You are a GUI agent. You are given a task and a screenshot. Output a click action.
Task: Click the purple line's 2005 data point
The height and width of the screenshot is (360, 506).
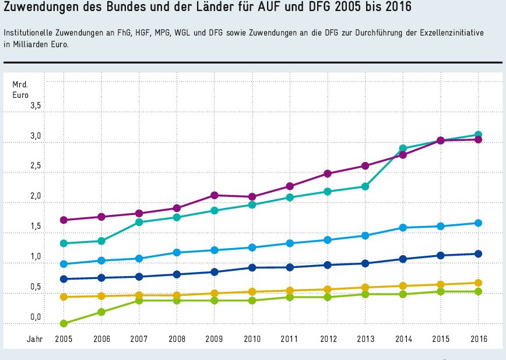coord(64,220)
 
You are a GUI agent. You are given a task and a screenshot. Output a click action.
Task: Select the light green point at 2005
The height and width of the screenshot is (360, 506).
coord(64,323)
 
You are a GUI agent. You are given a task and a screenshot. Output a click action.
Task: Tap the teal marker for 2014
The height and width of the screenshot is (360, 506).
coord(403,149)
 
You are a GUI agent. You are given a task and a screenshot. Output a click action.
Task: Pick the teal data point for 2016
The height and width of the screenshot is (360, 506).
coord(478,135)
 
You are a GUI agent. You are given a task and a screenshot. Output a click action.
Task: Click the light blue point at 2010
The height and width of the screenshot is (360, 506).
coord(252,248)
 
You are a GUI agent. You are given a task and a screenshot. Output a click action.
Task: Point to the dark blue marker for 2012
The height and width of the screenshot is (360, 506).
coord(328,265)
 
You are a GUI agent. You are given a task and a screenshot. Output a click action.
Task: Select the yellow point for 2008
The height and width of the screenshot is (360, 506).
coord(177,296)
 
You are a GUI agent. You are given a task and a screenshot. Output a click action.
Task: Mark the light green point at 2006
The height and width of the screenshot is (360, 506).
coord(101,312)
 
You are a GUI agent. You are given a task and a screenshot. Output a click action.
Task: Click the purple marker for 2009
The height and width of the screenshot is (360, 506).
coord(215,195)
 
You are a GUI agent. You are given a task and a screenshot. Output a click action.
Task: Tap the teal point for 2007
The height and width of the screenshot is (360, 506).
coord(139,222)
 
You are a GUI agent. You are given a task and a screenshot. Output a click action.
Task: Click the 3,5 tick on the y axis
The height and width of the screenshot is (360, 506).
coord(36,106)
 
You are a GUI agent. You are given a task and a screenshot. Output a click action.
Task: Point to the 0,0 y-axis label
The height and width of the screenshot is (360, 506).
coord(36,317)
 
